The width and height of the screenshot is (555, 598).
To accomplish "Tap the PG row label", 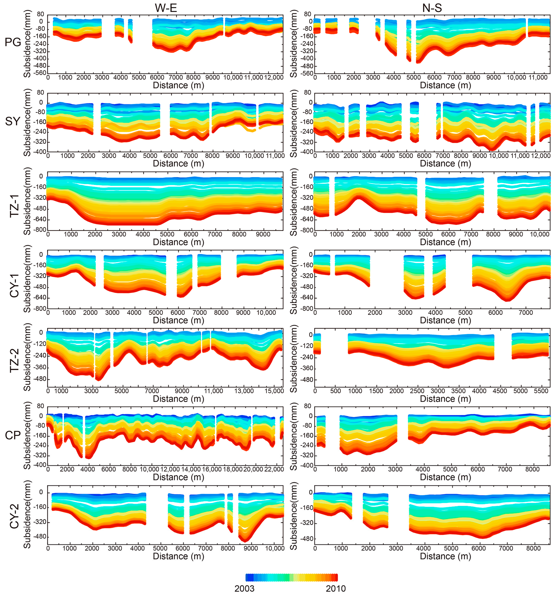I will (x=13, y=42).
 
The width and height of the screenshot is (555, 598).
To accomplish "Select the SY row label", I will (x=13, y=121).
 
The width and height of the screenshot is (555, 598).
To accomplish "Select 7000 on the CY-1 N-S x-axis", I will (x=526, y=313).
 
